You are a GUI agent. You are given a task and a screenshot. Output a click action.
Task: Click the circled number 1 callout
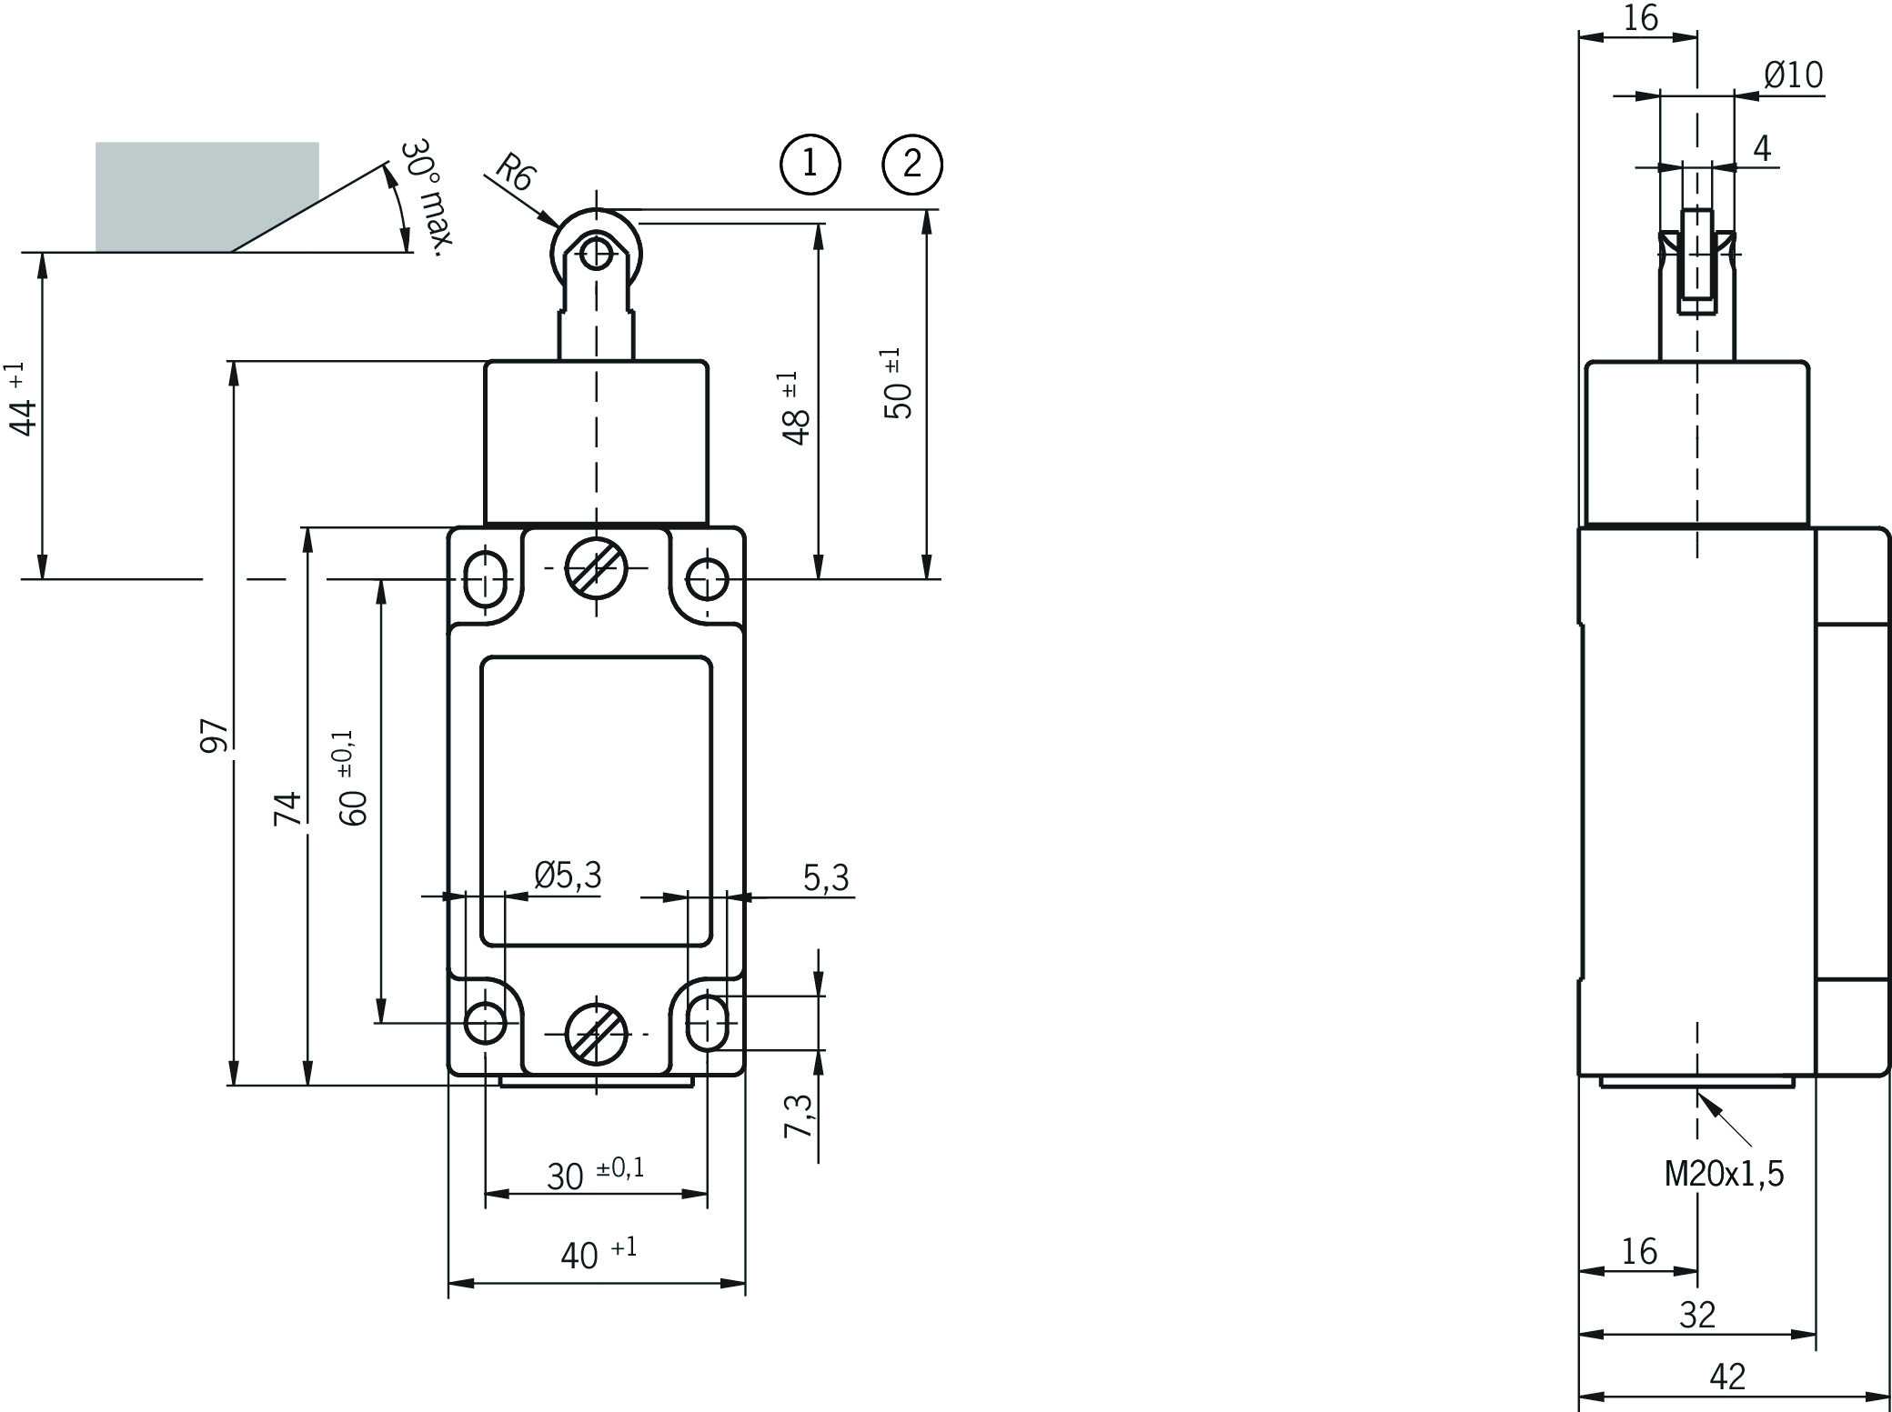pos(810,165)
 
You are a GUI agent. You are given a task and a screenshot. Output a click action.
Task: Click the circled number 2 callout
pos(912,165)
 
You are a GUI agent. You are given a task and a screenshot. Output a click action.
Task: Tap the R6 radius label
pos(514,172)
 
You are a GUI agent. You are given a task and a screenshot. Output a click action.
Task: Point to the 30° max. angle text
pos(427,197)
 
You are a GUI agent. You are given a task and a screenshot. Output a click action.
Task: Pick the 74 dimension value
pos(288,808)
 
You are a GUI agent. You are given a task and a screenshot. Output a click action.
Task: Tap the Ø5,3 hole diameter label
pos(568,876)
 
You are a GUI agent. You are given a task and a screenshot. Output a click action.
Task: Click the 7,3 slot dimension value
pos(799,1116)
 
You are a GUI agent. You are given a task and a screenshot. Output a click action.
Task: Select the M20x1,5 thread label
pos(1724,1175)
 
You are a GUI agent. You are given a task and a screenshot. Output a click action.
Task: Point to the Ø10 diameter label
pos(1793,75)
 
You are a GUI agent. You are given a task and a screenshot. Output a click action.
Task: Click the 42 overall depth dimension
pos(1727,1377)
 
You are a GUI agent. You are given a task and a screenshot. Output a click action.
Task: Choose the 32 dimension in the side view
pos(1696,1315)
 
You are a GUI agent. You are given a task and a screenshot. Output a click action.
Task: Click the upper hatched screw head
pos(596,568)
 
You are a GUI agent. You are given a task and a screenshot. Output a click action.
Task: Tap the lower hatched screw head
pos(596,1034)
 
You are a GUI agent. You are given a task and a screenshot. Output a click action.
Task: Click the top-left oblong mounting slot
pos(486,576)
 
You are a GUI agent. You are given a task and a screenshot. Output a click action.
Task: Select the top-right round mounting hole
pos(706,578)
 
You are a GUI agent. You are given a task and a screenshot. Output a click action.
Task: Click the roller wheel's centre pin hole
pos(596,252)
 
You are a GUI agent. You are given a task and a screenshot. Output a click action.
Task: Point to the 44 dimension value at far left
pos(25,416)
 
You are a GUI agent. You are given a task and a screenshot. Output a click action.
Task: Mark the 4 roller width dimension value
pos(1762,148)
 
